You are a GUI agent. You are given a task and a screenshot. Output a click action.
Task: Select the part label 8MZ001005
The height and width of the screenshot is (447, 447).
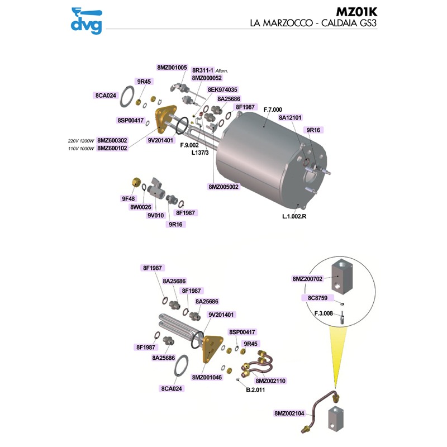click(x=172, y=67)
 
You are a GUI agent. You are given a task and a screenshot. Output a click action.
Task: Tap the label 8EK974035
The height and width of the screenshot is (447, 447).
click(x=222, y=89)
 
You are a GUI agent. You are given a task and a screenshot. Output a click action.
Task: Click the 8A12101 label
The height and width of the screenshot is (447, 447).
click(x=291, y=118)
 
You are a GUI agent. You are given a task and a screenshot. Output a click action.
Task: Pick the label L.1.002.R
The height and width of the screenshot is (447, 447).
click(x=295, y=216)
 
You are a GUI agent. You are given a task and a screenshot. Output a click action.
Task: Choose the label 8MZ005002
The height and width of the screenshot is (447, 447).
click(x=224, y=187)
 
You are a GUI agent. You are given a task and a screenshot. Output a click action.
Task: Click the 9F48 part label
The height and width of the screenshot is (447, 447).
click(x=129, y=198)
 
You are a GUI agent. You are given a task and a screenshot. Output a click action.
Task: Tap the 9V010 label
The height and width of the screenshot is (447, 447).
click(x=155, y=215)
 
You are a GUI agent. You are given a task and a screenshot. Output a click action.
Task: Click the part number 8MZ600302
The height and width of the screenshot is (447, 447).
click(x=112, y=141)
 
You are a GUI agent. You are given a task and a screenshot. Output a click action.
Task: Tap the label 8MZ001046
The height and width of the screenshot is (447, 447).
click(x=207, y=377)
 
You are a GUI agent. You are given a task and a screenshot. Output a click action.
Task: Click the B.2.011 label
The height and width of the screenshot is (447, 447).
click(x=255, y=389)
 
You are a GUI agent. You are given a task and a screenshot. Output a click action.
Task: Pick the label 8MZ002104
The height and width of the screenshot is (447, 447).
click(x=289, y=413)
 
